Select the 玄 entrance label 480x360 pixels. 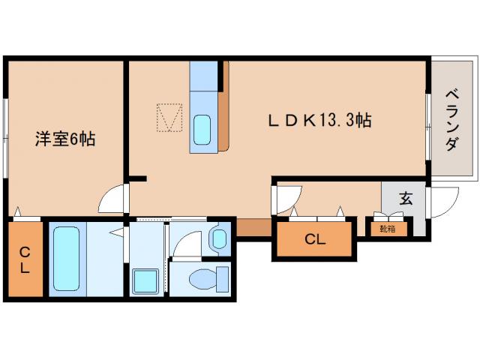point(406,199)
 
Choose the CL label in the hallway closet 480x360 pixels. point(315,240)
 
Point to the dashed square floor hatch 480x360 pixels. point(169,116)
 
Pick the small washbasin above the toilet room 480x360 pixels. point(219,239)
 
